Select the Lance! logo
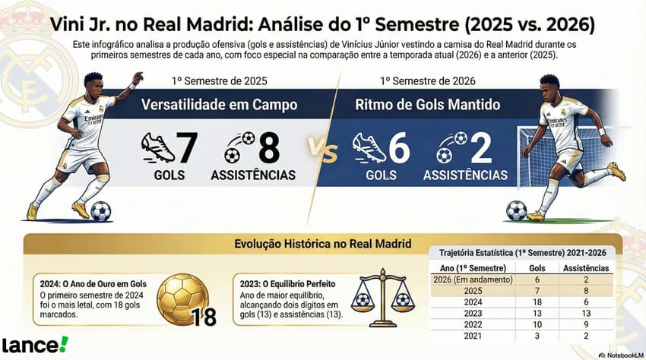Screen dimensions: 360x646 point(35,344)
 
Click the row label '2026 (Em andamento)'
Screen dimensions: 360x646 point(472,279)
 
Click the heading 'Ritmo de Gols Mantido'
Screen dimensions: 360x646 point(432,106)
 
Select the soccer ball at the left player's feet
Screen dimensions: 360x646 point(100,210)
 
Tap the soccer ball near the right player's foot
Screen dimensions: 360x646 point(516,210)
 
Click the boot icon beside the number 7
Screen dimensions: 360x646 point(158,148)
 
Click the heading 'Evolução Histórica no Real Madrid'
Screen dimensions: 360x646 point(323,244)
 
